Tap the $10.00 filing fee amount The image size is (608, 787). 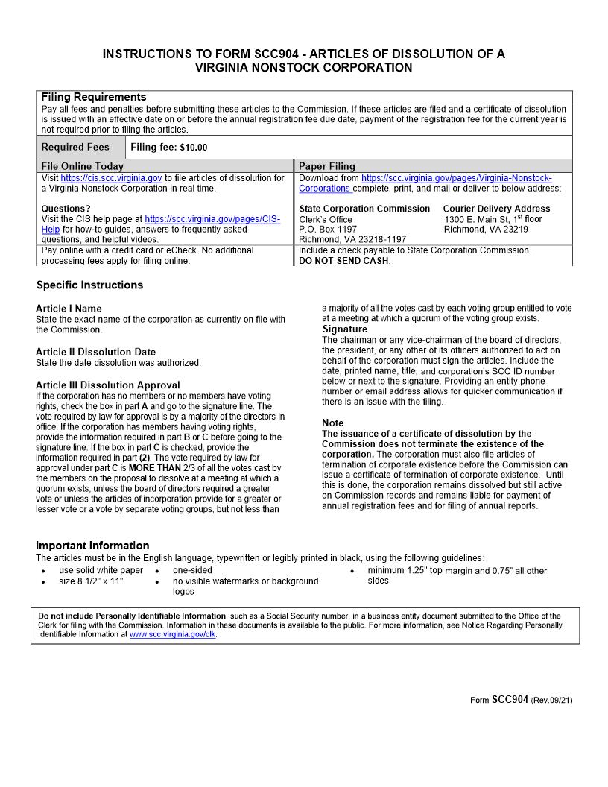click(194, 148)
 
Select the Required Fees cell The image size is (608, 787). click(75, 147)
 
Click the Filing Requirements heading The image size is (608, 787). click(94, 97)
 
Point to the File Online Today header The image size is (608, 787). click(83, 166)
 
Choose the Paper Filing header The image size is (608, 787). click(327, 166)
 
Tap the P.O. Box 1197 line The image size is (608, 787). click(328, 230)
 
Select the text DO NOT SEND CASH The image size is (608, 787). click(344, 261)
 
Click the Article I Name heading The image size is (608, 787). click(69, 309)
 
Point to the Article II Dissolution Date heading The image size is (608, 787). click(96, 352)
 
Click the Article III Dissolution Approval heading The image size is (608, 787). click(108, 385)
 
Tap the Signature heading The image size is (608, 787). click(345, 329)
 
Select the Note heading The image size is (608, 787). click(333, 423)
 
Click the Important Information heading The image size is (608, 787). click(92, 546)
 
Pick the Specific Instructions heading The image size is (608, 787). click(89, 285)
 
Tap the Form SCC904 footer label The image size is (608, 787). click(499, 700)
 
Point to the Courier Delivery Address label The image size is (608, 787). click(496, 209)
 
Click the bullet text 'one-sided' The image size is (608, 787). click(192, 571)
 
